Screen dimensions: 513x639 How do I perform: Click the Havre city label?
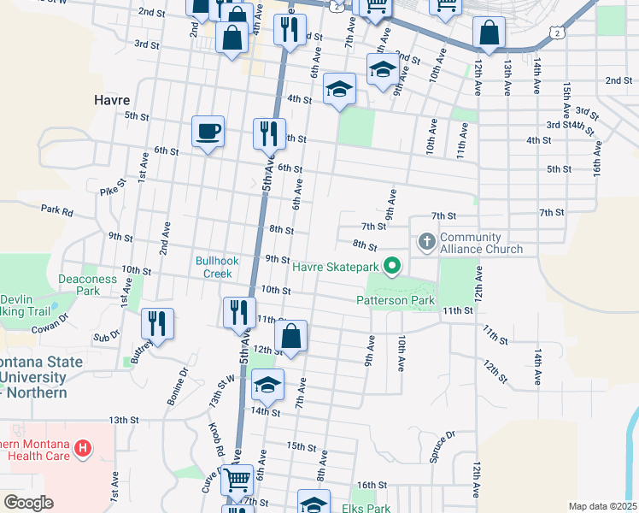click(111, 100)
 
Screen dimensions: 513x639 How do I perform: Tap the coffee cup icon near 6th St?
click(208, 131)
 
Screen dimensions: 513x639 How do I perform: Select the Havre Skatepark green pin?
click(392, 267)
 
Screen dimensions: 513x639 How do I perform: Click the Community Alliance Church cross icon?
click(426, 243)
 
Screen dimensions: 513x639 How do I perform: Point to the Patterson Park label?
click(396, 300)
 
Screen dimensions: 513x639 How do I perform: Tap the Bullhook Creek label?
click(214, 267)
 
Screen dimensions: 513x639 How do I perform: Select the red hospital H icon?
click(82, 447)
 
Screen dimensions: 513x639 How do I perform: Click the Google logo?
click(29, 503)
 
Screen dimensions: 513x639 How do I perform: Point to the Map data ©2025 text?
click(602, 506)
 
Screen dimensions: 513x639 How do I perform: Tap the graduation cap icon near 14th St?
click(267, 385)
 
